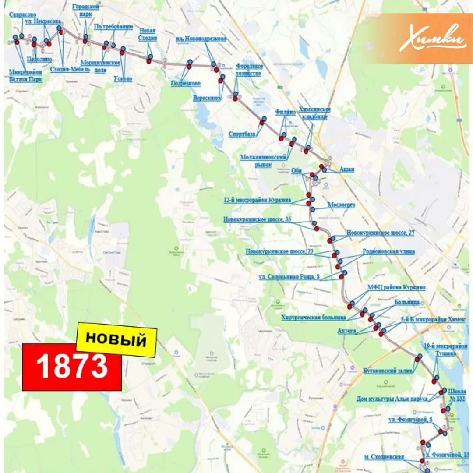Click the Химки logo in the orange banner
click(432, 39)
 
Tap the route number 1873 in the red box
click(72, 366)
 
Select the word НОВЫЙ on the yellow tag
click(116, 339)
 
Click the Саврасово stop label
click(23, 15)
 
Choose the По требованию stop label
click(114, 26)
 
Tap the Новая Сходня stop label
click(148, 34)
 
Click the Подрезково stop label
click(186, 83)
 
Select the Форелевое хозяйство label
click(249, 70)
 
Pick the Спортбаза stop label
click(242, 134)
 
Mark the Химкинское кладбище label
click(314, 113)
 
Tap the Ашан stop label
click(347, 169)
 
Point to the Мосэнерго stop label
click(342, 205)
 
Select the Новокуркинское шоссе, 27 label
click(380, 233)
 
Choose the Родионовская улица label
click(388, 252)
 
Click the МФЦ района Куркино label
click(396, 287)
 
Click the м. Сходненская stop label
click(384, 457)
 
